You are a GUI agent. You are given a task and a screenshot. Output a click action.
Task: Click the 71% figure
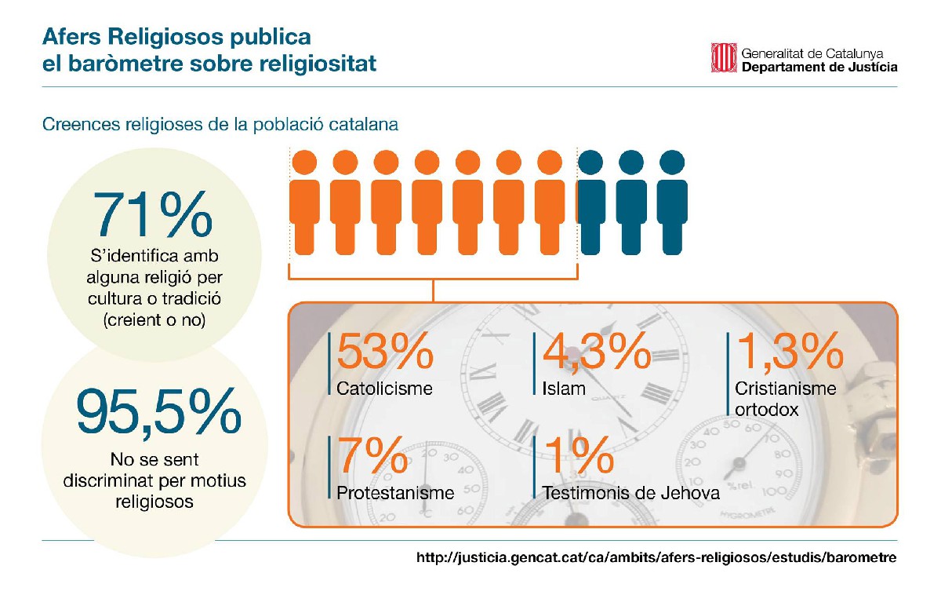(153, 214)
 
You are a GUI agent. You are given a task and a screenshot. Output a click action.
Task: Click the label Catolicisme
(384, 389)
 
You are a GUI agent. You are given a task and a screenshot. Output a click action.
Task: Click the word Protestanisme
(395, 493)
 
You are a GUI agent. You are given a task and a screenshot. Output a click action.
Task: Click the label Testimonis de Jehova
(630, 493)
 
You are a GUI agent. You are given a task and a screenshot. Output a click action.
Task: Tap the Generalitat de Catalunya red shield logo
(723, 57)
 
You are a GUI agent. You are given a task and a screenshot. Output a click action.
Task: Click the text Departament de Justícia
(819, 68)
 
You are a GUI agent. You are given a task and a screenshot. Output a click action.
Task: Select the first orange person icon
(304, 203)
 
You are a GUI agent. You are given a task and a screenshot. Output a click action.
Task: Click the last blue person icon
(671, 203)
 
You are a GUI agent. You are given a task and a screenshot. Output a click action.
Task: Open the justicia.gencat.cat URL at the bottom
(656, 558)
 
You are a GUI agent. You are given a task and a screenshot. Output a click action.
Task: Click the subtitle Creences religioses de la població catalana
(220, 125)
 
